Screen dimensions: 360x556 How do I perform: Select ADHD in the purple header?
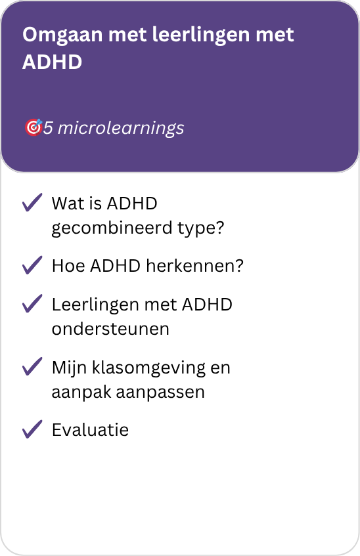(x=52, y=62)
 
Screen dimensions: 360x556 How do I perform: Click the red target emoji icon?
(x=34, y=127)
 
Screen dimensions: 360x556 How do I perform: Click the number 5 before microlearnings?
(x=48, y=128)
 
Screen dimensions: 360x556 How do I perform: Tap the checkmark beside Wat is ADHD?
(x=32, y=202)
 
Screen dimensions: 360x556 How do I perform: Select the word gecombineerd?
(x=112, y=228)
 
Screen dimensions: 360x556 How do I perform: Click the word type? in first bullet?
(x=201, y=228)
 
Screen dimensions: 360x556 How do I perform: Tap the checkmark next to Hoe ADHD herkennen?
(x=32, y=265)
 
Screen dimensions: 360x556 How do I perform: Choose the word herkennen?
(x=195, y=266)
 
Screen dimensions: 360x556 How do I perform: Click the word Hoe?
(x=68, y=266)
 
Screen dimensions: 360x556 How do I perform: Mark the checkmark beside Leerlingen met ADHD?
(x=32, y=303)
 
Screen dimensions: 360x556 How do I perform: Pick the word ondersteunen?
(x=110, y=329)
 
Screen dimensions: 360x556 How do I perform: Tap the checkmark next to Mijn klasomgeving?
(x=32, y=366)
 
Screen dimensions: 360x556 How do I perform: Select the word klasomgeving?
(x=148, y=368)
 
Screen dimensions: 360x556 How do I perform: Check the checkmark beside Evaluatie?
(x=32, y=429)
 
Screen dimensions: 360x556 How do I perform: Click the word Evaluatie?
(x=90, y=430)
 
